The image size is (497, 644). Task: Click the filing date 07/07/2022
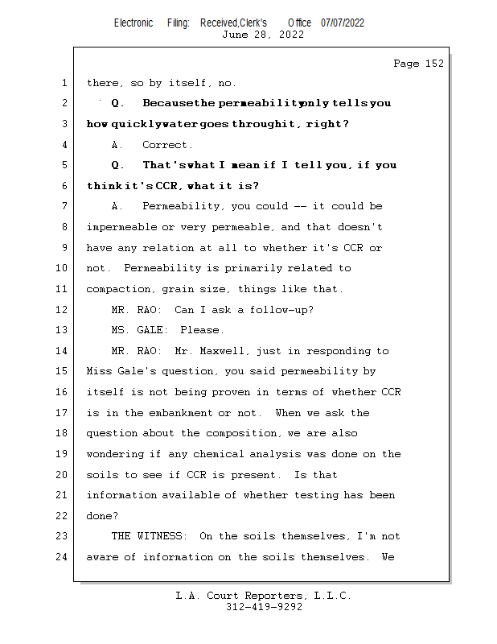pyautogui.click(x=343, y=23)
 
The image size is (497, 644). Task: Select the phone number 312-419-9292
pyautogui.click(x=264, y=607)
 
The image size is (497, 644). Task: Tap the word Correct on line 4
pyautogui.click(x=166, y=145)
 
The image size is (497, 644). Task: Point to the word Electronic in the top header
pyautogui.click(x=133, y=23)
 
